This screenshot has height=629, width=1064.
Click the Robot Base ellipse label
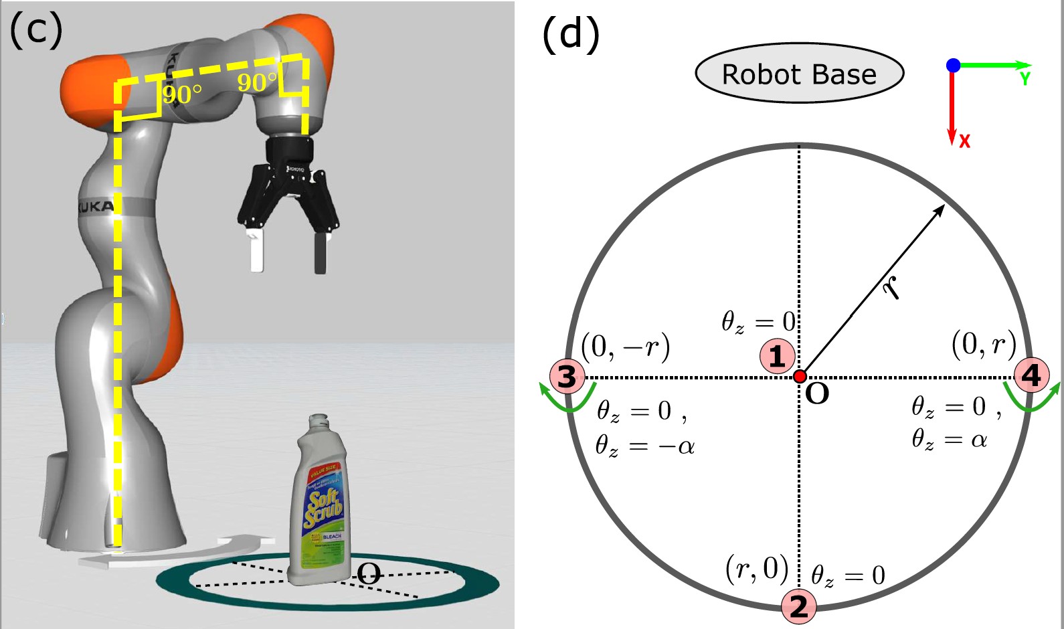(x=800, y=74)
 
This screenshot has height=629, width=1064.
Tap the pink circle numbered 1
(x=777, y=356)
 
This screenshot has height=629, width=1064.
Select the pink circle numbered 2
(x=799, y=606)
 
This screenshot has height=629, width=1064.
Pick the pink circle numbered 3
(x=567, y=376)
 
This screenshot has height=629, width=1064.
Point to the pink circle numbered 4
(x=1031, y=375)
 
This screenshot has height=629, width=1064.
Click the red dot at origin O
(x=800, y=376)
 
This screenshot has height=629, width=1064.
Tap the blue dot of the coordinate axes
(x=953, y=65)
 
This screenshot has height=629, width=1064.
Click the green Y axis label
(x=1025, y=79)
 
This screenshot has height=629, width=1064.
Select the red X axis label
(x=964, y=141)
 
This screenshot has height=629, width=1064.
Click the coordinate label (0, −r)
(x=625, y=347)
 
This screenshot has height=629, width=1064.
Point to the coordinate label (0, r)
(x=984, y=344)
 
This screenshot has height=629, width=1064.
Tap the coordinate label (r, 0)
(x=757, y=569)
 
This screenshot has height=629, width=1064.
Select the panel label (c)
(x=36, y=31)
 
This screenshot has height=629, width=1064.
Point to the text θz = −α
(x=645, y=445)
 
